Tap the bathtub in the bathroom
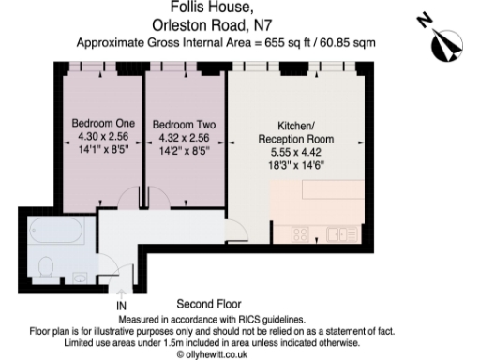click(x=57, y=232)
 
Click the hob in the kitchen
click(x=302, y=234)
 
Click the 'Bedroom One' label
click(x=103, y=124)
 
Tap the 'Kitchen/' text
click(x=300, y=126)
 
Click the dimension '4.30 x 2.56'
click(x=103, y=136)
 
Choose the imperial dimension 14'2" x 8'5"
click(x=185, y=148)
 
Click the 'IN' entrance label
click(x=121, y=306)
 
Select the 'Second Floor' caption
click(x=209, y=305)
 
